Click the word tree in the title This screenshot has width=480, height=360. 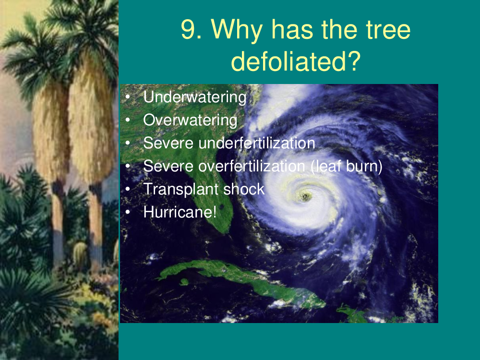pos(388,29)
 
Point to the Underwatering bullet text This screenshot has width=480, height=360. pos(195,97)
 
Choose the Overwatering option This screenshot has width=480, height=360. pos(190,120)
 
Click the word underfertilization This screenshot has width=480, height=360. pos(256,143)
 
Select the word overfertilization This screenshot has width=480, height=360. pos(252,166)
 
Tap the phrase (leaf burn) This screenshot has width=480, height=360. pos(347,167)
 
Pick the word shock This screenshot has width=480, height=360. pos(244,189)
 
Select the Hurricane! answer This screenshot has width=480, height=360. pos(180,212)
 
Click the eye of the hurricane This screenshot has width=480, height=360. pos(305,196)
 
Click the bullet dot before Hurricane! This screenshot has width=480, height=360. pos(128,212)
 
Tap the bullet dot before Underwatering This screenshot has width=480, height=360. pos(128,97)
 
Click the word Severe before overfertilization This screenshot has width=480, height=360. pos(168,166)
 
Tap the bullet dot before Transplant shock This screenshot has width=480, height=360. pos(128,189)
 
